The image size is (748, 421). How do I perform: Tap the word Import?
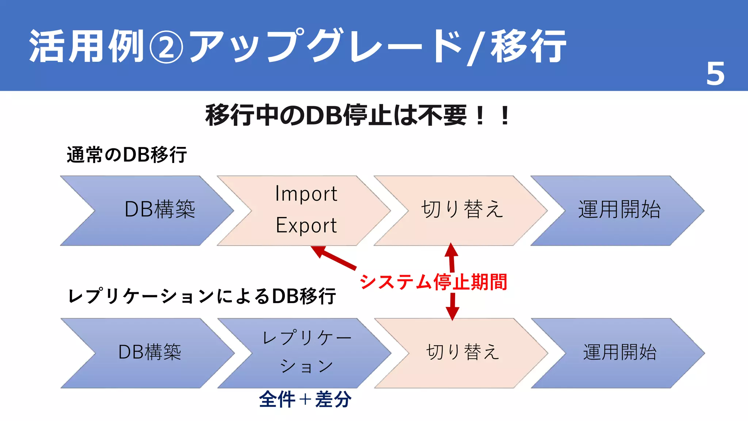[306, 194]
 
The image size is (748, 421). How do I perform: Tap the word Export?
[306, 225]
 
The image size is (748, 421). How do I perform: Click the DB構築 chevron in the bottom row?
[150, 353]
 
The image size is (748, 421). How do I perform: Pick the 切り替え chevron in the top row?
[462, 210]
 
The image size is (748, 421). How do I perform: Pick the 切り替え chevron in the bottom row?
[462, 353]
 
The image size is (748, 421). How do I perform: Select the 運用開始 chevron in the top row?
[619, 210]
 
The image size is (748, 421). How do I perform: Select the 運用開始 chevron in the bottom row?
[619, 353]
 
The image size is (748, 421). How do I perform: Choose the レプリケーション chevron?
[306, 353]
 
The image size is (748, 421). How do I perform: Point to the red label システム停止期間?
[434, 282]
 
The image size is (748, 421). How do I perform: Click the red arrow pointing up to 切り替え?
[451, 257]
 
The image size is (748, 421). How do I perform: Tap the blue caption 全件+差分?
[305, 399]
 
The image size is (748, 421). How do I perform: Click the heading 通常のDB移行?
[127, 155]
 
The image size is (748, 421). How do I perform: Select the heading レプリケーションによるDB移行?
[202, 296]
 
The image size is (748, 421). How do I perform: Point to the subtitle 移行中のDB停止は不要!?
[357, 115]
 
